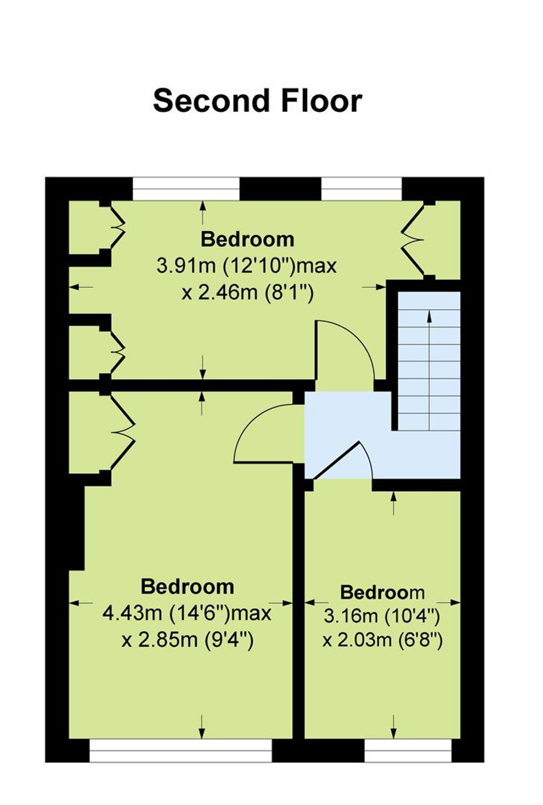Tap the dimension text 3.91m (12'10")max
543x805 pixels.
247,267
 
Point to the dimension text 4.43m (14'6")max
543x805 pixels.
187,613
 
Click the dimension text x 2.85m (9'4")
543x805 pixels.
187,640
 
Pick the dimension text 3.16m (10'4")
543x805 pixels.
382,617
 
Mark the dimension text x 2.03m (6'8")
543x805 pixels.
382,640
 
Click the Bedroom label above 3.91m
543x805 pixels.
247,240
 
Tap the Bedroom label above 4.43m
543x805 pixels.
187,586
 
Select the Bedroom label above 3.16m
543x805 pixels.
382,592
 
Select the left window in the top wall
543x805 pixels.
186,189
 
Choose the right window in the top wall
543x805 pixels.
361,189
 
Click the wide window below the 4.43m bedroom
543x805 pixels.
180,751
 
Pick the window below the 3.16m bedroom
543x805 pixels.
408,751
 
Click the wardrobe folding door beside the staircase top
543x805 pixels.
413,240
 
